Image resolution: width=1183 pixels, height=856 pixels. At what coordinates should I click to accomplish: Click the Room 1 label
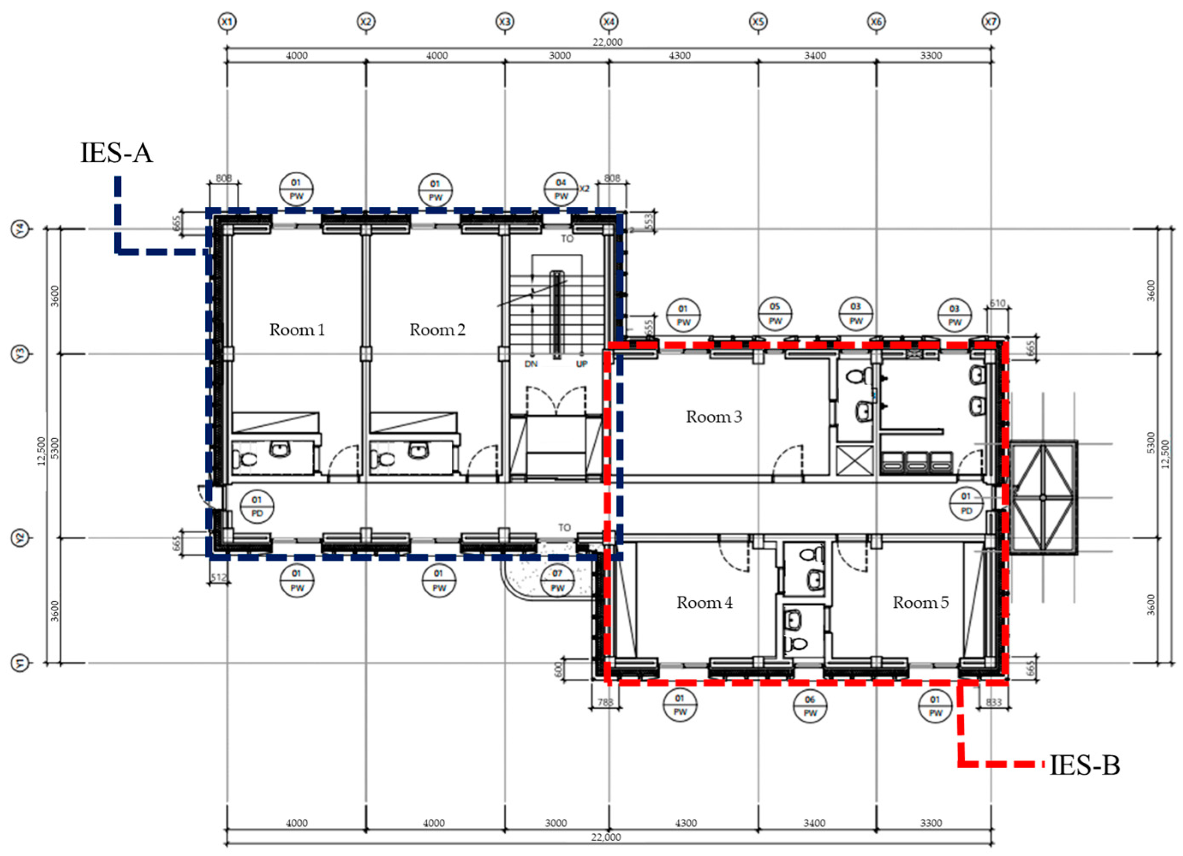pos(297,330)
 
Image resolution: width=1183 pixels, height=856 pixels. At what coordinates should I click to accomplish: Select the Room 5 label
pos(921,603)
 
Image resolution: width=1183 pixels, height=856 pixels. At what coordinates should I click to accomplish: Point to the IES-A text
pos(116,153)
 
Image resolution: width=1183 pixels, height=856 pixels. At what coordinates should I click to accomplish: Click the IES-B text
pos(1085,766)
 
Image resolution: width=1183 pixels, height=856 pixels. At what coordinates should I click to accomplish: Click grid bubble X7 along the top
pos(990,22)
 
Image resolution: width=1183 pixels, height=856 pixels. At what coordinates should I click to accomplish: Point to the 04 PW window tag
pos(561,189)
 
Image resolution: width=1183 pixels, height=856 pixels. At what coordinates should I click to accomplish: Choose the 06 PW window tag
pos(810,706)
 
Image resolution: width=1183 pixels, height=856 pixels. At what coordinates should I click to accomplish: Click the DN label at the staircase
pos(531,364)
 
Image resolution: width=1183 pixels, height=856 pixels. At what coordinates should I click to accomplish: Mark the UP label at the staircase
pos(581,364)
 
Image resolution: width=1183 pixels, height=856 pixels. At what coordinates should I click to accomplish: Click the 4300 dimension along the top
pos(679,56)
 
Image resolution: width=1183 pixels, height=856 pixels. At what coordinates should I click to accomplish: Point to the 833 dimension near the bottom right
pos(994,703)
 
